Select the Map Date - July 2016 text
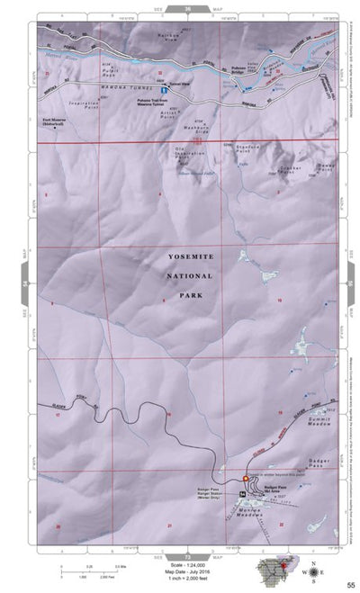coord(181,564)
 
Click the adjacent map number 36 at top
coord(187,7)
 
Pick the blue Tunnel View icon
coord(163,91)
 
